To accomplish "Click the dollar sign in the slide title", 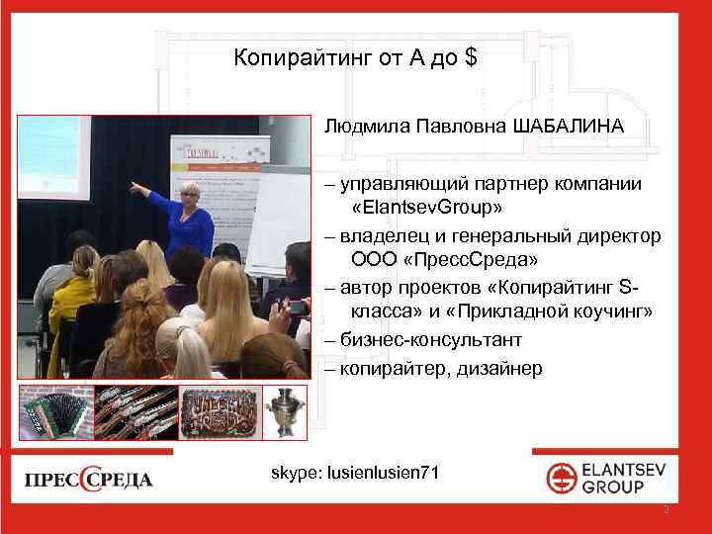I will click(470, 58).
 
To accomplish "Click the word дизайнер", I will click(499, 369).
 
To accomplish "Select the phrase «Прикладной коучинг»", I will click(560, 312).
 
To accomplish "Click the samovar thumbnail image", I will click(287, 411).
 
